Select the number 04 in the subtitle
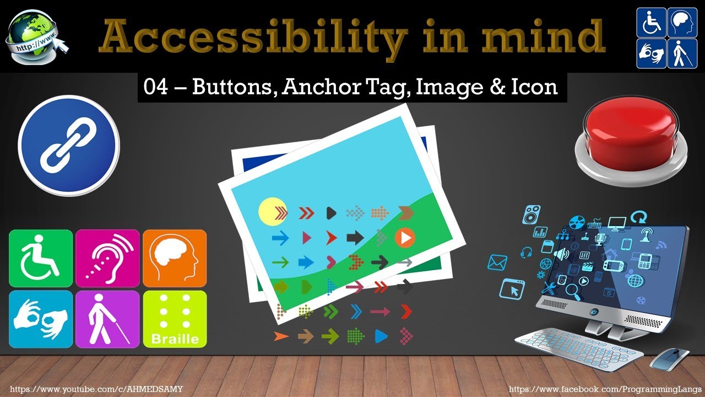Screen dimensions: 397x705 [x=155, y=87]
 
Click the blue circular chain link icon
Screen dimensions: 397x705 [x=69, y=146]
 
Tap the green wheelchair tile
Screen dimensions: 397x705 [x=41, y=258]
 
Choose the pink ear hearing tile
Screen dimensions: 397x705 [x=107, y=258]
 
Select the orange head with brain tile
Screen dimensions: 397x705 [x=175, y=258]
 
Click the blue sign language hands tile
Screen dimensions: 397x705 [x=41, y=319]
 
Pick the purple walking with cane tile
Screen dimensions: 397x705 [x=107, y=319]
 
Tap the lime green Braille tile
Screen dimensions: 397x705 [x=175, y=319]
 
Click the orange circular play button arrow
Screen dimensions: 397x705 [x=405, y=238]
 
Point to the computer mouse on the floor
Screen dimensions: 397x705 [x=670, y=358]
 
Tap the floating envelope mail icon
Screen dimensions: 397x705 [x=497, y=262]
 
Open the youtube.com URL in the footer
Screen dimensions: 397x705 [x=96, y=389]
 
